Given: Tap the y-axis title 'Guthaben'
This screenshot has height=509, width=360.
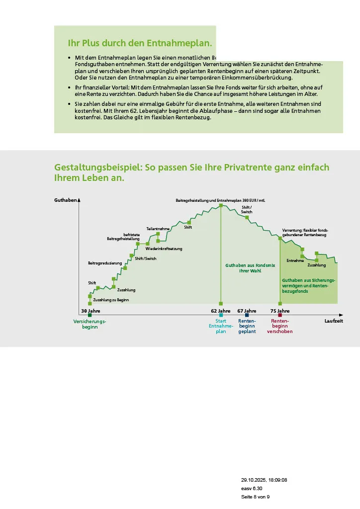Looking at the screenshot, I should point(66,200).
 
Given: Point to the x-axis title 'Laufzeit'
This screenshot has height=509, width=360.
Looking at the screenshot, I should point(334,321).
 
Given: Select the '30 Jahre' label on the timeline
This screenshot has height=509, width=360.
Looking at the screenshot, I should point(90,311).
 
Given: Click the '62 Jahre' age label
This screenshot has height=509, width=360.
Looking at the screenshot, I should point(221,311).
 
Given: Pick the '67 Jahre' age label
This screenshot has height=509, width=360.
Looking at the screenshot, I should point(247,311).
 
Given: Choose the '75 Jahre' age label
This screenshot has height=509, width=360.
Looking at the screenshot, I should point(280,311).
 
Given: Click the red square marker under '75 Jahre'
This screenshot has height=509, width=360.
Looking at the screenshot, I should point(280,315).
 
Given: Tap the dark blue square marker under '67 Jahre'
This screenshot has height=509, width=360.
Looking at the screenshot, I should point(247,315).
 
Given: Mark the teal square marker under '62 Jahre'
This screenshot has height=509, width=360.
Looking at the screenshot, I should point(221,315).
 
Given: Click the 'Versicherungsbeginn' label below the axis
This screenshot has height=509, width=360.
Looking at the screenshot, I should point(90,324).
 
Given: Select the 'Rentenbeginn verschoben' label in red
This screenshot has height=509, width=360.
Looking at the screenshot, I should point(280,326).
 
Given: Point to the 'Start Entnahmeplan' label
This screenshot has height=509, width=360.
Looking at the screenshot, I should point(221,326).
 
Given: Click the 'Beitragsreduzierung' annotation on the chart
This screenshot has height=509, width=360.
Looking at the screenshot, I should point(105,263).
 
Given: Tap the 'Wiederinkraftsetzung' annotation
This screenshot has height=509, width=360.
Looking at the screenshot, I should point(164,248).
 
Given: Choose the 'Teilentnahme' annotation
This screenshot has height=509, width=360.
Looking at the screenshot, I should point(158,229).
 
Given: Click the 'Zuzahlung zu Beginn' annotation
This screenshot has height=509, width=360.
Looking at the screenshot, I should point(111,300).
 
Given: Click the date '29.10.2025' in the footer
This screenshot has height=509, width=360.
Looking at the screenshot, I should point(253,480).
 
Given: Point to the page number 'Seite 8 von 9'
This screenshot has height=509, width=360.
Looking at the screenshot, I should point(256,497).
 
